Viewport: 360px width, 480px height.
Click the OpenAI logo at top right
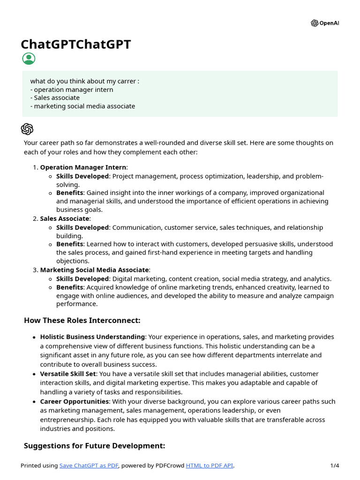[x=324, y=23]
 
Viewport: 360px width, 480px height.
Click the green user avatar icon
[x=29, y=59]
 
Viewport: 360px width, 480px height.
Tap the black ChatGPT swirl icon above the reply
[x=27, y=129]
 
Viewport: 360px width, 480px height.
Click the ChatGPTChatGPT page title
[x=76, y=45]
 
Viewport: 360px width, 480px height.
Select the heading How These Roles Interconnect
[x=82, y=321]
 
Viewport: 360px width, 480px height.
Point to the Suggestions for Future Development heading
[x=94, y=446]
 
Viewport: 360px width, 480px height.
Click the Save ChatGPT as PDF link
[x=89, y=465]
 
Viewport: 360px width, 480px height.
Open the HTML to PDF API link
[x=209, y=465]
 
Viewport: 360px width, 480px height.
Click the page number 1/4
[x=334, y=465]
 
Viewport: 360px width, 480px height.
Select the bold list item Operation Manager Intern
[x=83, y=167]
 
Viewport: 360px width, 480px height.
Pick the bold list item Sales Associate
[x=64, y=218]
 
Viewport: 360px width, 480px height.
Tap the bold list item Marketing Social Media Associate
[x=94, y=270]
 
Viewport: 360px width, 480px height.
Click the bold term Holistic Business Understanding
[x=92, y=337]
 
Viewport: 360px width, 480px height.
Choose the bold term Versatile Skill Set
[x=68, y=374]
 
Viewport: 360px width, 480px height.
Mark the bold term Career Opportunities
[x=74, y=402]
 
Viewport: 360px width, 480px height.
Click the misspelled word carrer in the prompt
[x=125, y=81]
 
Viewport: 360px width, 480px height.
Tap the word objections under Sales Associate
[x=73, y=261]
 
